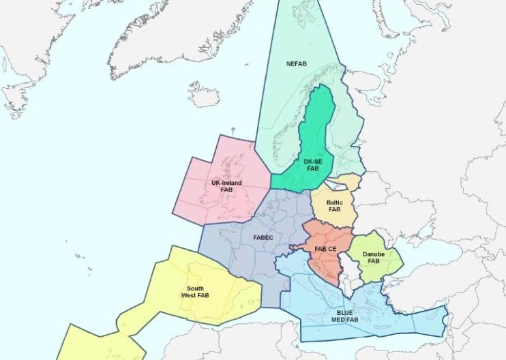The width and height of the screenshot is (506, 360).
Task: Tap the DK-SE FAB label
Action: (x=312, y=164)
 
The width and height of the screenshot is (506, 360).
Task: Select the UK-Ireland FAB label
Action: (x=226, y=186)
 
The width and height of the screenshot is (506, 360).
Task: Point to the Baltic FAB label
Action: (x=334, y=206)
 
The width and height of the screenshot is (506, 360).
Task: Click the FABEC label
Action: (x=263, y=237)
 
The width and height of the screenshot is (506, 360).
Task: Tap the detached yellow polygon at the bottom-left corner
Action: (x=102, y=344)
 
